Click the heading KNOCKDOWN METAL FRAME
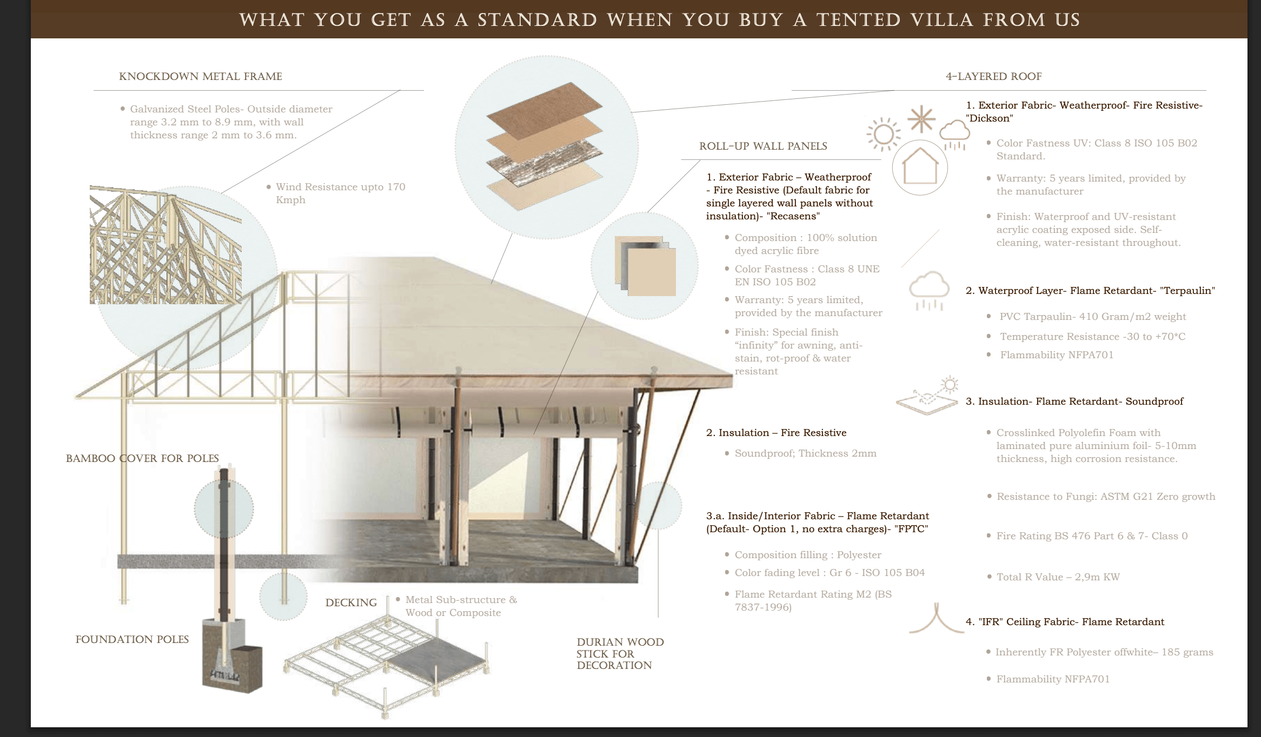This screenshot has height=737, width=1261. pos(201,76)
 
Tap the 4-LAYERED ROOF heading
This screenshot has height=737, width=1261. pos(993,76)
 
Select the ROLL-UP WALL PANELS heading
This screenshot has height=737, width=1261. pos(763,146)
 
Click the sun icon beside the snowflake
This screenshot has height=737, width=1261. pos(883,134)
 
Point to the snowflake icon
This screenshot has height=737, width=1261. pos(921,119)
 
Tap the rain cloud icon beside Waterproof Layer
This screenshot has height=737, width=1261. pos(929,291)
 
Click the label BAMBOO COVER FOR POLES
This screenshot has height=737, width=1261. pos(142,458)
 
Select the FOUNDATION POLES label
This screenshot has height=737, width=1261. pos(132,639)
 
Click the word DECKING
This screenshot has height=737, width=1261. pos(351,602)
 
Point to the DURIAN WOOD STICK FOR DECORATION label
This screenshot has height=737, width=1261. pos(620,653)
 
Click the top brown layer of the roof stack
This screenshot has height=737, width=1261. pos(544,111)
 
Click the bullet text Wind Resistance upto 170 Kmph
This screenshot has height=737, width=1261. pos(340,193)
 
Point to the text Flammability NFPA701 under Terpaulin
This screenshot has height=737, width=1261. pos(1057,355)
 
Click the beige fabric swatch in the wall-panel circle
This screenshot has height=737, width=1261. pos(652,272)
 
